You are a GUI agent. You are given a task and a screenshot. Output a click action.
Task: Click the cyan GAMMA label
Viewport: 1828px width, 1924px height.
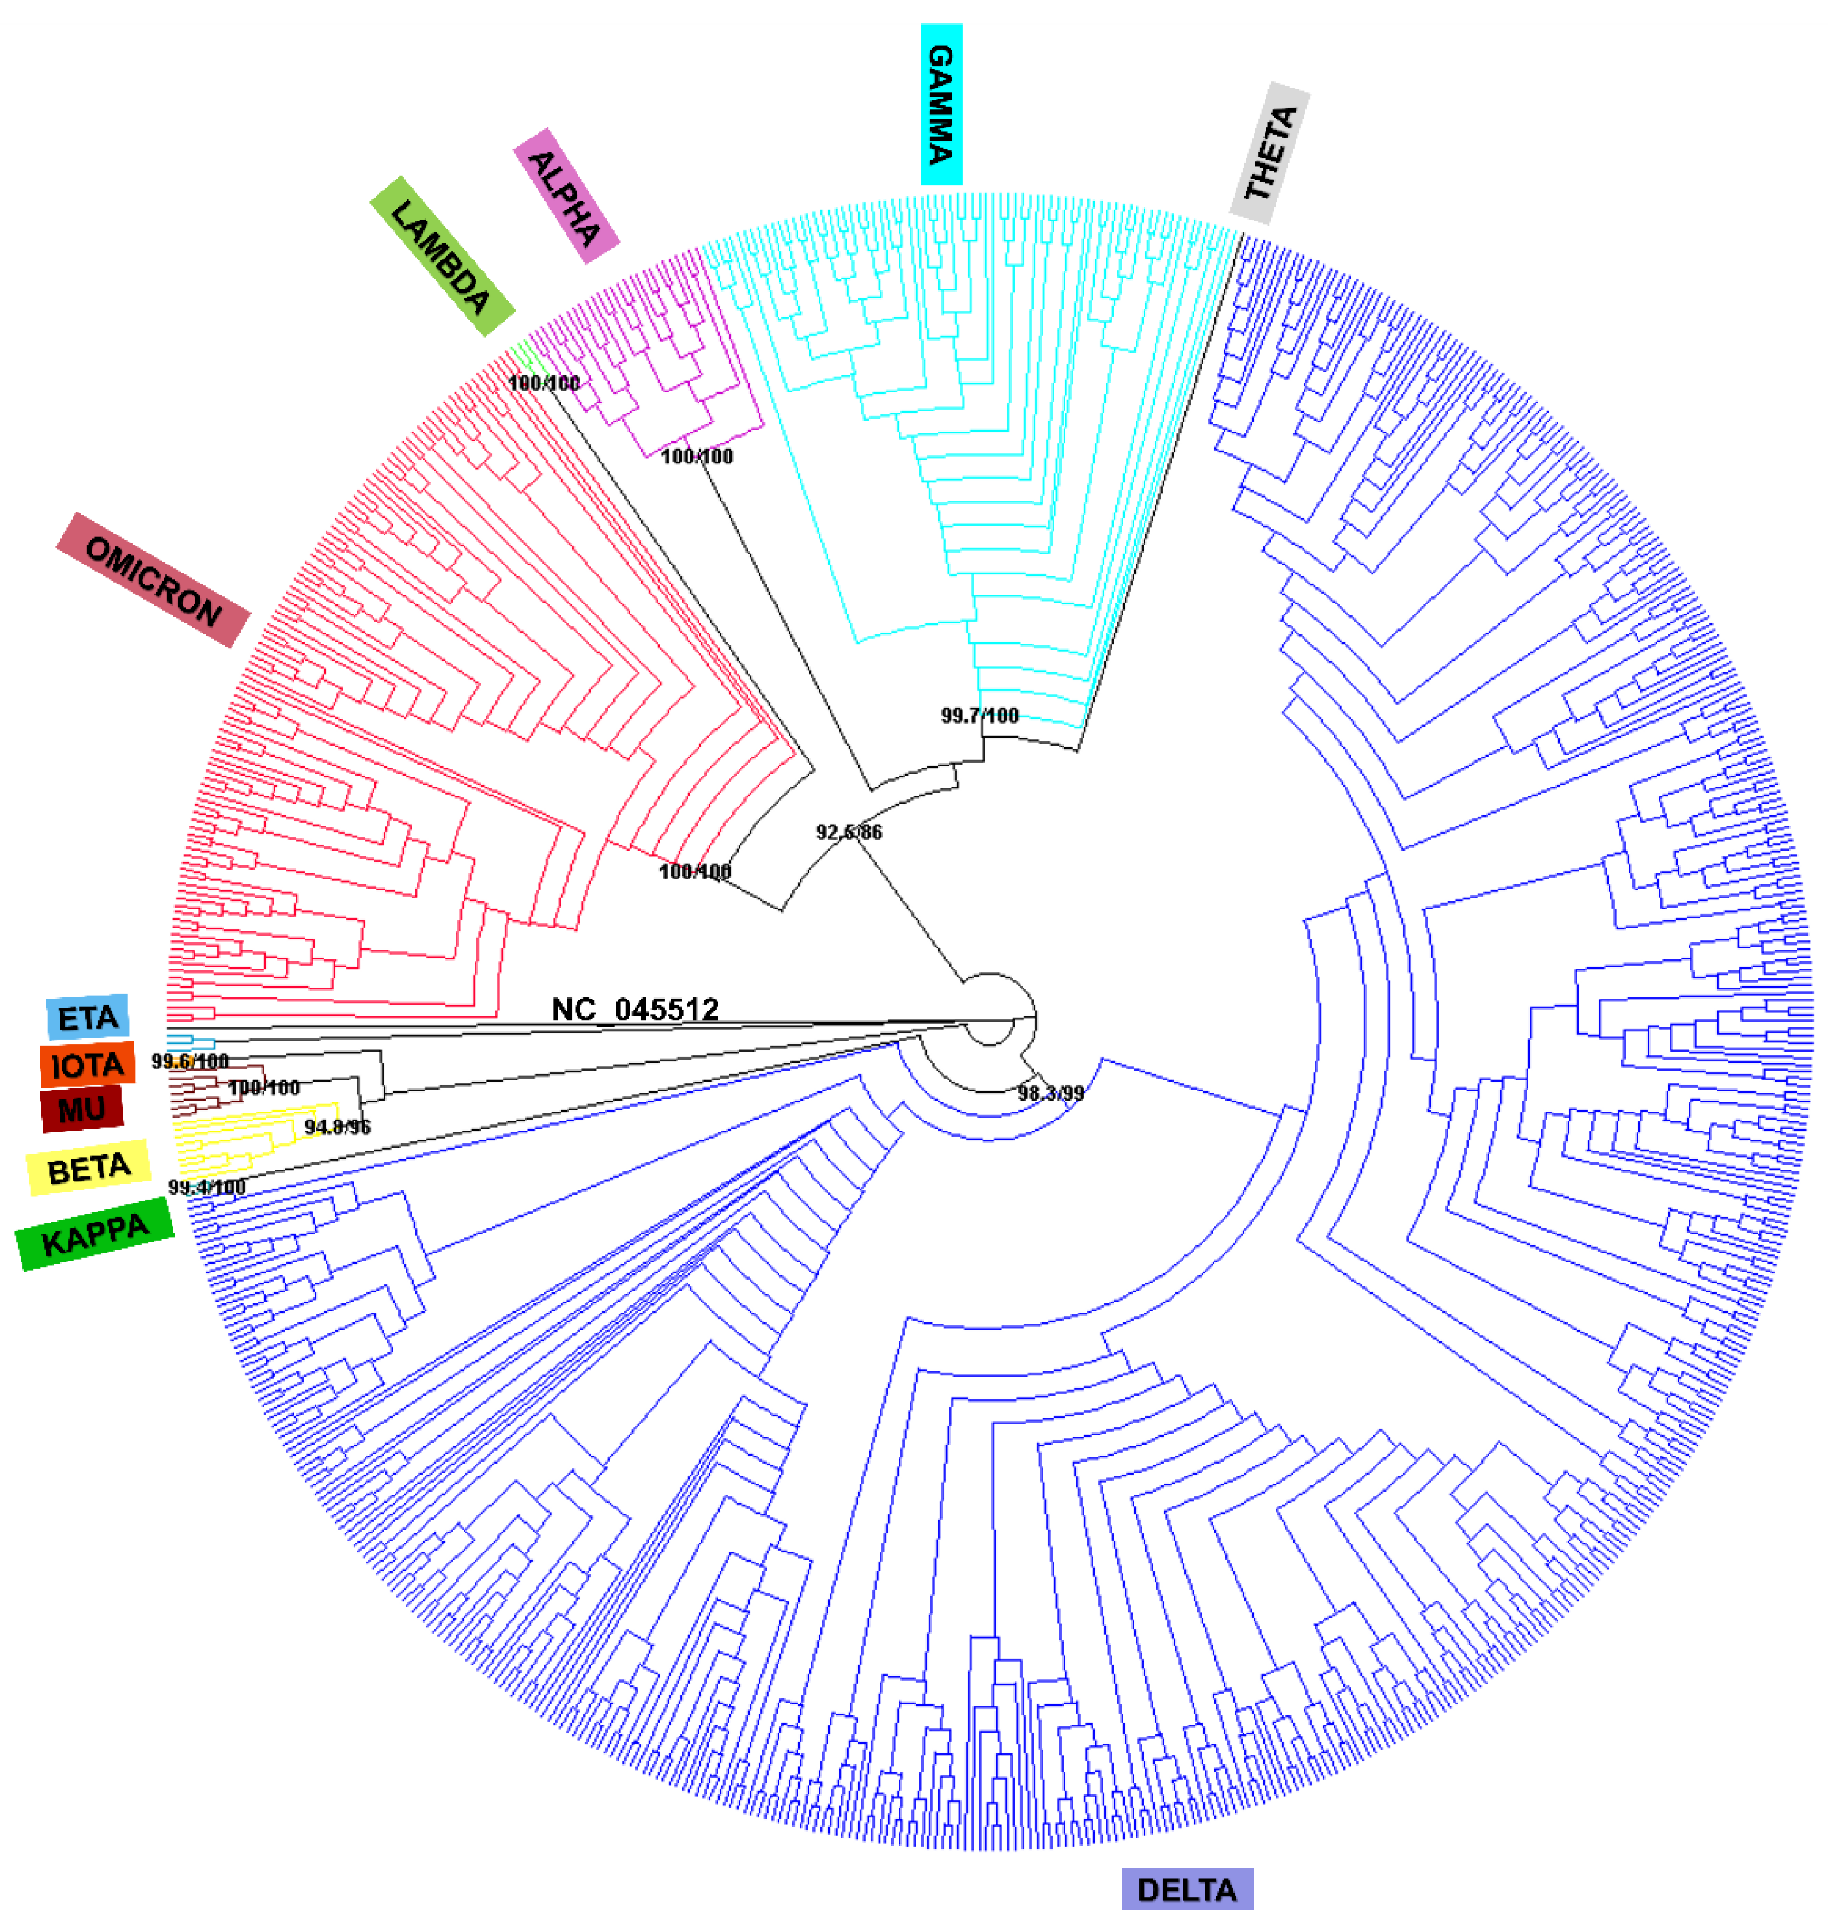941,104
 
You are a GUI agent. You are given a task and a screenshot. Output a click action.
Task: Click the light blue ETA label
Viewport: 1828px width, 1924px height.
88,1018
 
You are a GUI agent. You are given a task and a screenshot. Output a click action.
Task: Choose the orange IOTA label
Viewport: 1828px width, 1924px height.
88,1064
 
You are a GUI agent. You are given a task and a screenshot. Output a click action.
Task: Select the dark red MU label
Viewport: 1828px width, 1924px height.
83,1109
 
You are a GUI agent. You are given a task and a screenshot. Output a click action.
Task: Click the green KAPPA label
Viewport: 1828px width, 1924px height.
96,1234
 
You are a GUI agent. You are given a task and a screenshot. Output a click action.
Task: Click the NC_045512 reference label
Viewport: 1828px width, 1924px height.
635,1009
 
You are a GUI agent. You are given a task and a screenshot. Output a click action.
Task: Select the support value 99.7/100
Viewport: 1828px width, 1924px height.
979,716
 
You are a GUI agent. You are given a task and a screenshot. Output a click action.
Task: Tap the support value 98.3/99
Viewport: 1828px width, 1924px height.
1050,1093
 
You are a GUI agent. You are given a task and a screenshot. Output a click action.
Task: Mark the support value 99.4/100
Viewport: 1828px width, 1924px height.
207,1187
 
